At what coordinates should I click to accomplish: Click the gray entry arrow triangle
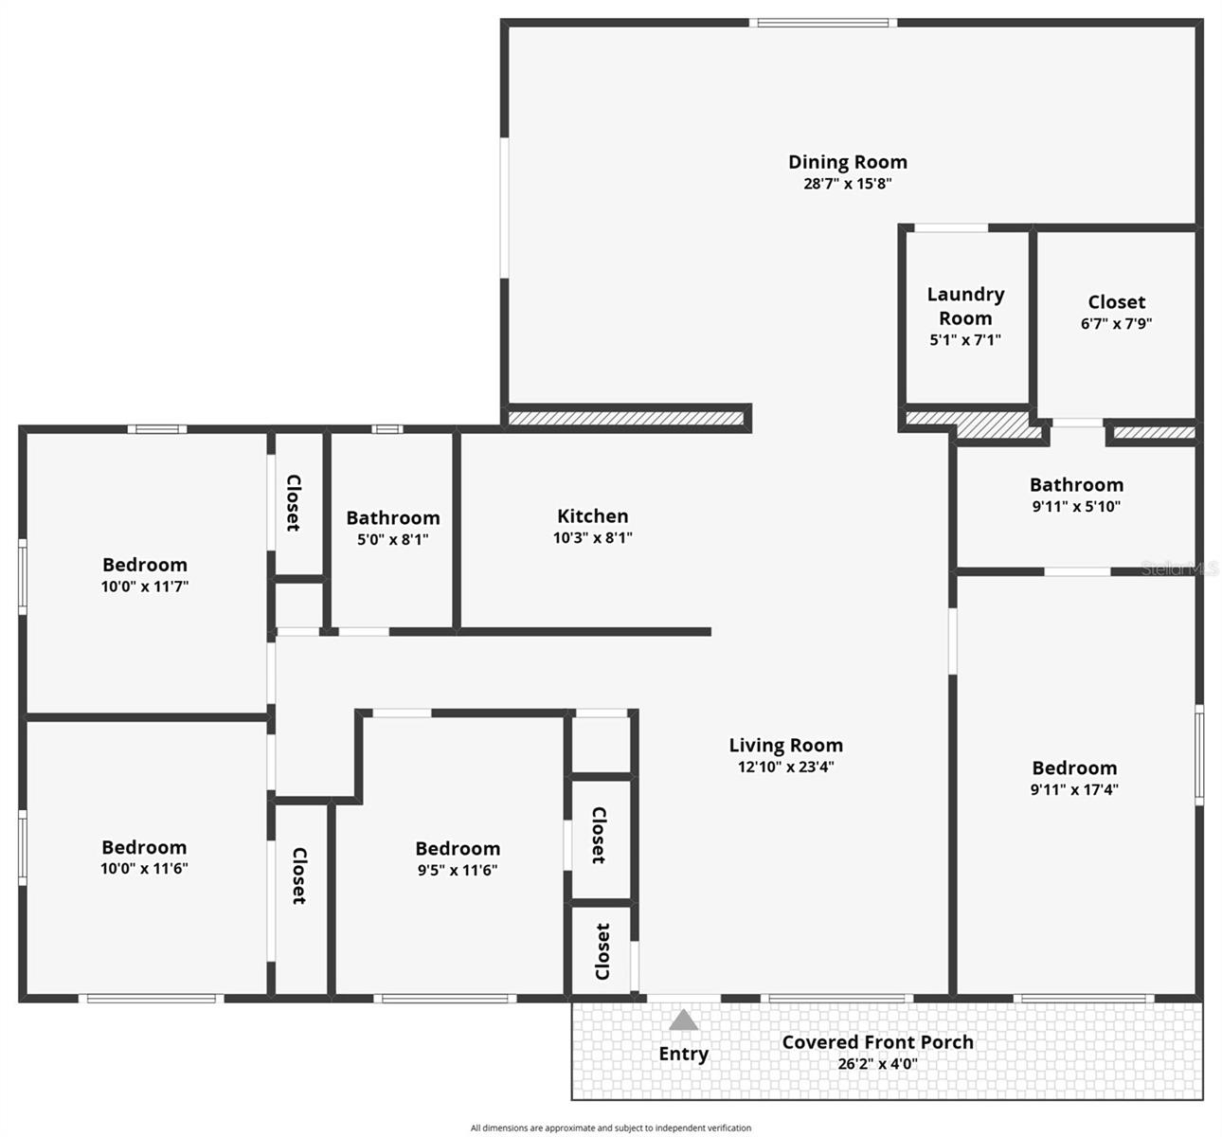(683, 1020)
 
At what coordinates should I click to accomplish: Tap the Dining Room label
(848, 162)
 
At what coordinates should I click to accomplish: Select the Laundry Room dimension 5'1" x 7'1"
(965, 339)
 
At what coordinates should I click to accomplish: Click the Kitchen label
(592, 515)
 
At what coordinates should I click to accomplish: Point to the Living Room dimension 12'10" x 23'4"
(785, 767)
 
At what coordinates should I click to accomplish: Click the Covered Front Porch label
(877, 1042)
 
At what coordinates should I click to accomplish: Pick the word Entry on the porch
(683, 1054)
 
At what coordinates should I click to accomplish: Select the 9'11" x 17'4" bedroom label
(1074, 768)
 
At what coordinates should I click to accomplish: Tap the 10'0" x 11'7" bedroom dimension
(145, 587)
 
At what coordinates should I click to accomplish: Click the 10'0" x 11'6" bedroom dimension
(144, 869)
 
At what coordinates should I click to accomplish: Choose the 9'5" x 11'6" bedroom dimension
(458, 870)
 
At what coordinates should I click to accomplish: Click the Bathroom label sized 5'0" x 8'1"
(393, 517)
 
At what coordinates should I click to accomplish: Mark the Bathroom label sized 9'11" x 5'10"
(1076, 485)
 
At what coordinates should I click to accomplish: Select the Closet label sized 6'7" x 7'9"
(1117, 302)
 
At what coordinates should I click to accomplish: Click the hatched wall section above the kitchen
(625, 418)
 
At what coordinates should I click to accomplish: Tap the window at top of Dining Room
(822, 23)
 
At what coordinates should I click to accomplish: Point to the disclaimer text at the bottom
(611, 1128)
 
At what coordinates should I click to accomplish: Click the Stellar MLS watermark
(1178, 568)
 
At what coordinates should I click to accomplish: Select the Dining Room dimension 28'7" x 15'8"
(848, 184)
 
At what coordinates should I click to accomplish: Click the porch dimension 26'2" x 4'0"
(877, 1064)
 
